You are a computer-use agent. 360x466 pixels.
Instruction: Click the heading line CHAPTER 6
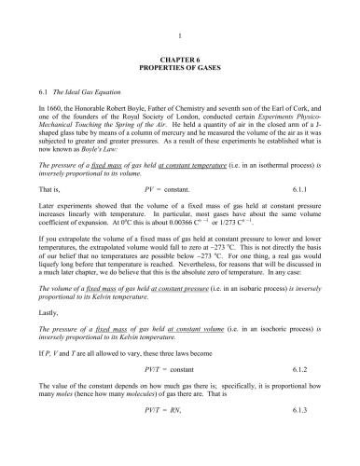click(x=179, y=61)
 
